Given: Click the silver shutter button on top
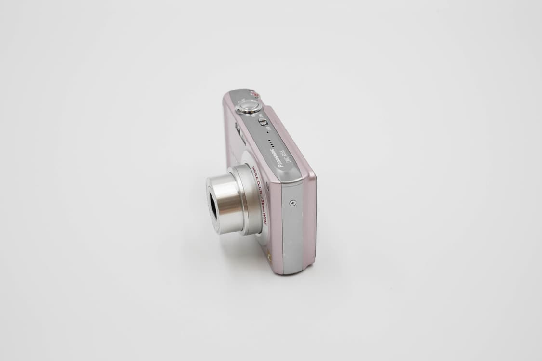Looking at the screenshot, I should click(x=249, y=106).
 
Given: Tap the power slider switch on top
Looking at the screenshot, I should click(x=263, y=122).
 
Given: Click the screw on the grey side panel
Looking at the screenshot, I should click(x=292, y=203).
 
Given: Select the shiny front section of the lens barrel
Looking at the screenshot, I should click(x=225, y=203).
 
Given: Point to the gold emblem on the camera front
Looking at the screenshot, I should click(x=269, y=257).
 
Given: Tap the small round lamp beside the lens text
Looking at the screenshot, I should click(x=268, y=185).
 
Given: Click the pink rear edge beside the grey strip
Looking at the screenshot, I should click(x=310, y=221).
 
